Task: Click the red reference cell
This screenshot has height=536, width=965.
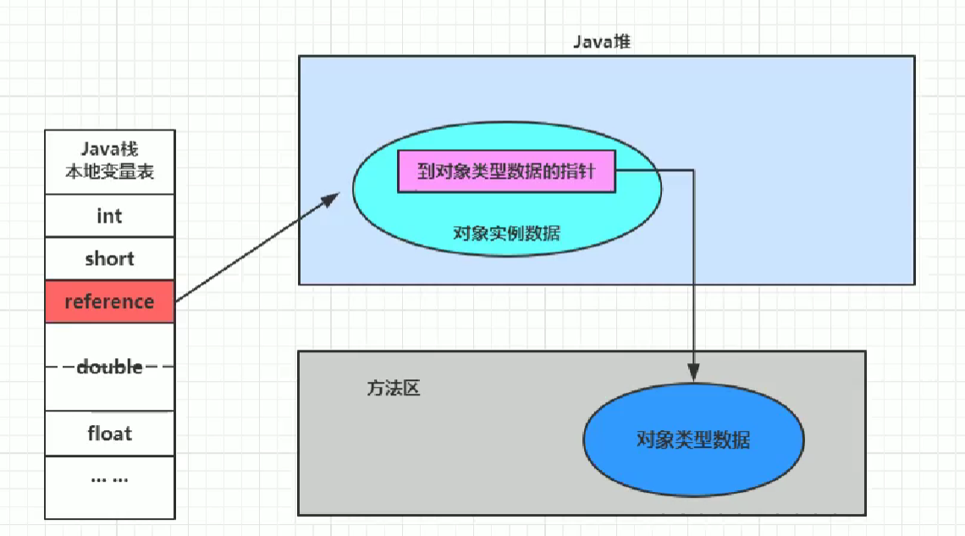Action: (109, 302)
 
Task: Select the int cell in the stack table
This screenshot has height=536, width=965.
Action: (109, 216)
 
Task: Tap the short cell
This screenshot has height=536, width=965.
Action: (109, 259)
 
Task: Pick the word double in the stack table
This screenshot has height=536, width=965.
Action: (109, 367)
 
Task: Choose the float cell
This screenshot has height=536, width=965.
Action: (109, 434)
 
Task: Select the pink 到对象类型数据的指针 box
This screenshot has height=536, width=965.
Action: (506, 172)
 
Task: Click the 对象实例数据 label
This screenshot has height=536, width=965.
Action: (506, 233)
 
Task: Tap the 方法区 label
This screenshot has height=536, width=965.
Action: (394, 389)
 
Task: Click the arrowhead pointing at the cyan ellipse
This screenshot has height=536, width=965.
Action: (333, 198)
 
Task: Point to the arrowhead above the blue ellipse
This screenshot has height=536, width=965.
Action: (693, 373)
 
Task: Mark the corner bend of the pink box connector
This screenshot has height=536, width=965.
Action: (693, 171)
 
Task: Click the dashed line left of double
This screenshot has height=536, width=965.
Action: (59, 367)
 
